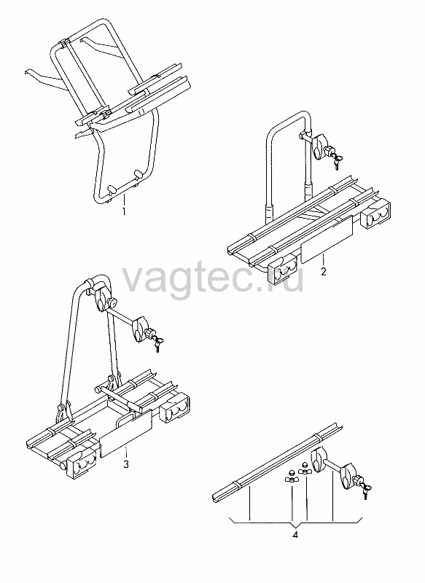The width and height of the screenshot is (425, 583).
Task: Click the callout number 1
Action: click(124, 211)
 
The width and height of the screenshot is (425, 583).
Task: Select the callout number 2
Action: click(324, 271)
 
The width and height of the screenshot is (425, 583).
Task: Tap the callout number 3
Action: click(126, 464)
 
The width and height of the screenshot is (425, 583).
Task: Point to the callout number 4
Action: click(295, 535)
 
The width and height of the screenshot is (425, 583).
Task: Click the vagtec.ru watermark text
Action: click(213, 279)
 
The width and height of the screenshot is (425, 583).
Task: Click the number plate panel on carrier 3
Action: click(126, 433)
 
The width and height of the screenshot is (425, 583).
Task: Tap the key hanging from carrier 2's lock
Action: click(338, 162)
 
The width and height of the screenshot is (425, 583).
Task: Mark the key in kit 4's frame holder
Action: click(366, 490)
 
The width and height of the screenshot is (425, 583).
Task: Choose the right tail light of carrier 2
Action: click(375, 214)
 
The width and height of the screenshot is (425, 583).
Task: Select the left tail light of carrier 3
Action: click(82, 463)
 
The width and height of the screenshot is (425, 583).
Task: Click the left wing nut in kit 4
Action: click(291, 477)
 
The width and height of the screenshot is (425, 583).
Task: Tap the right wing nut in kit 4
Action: click(305, 469)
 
